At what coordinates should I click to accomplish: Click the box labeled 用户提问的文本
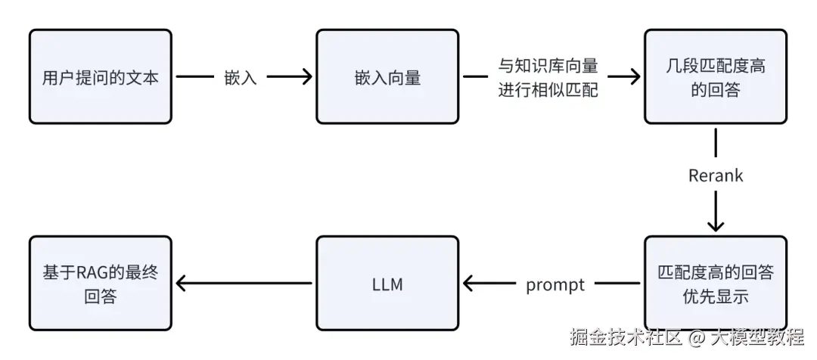point(100,76)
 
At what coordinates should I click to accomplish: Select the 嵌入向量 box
point(387,76)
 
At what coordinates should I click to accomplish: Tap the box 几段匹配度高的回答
point(715,76)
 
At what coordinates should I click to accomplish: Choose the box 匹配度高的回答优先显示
point(715,284)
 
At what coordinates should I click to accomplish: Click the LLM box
point(387,284)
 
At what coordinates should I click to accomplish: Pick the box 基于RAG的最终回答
point(100,284)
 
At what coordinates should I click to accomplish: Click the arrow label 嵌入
point(241,77)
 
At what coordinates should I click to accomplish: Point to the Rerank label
point(716,175)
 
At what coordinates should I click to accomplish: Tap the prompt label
point(555,284)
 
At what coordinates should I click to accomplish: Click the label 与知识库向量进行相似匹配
point(548,77)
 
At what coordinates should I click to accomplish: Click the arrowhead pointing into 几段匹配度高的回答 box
point(634,76)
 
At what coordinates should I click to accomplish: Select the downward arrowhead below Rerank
point(716,225)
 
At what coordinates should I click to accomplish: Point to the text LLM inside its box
point(387,284)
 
